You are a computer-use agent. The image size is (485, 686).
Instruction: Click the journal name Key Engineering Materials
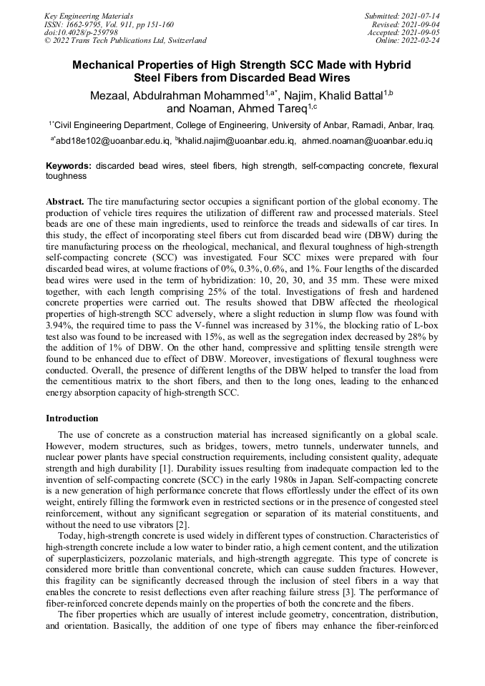click(x=88, y=15)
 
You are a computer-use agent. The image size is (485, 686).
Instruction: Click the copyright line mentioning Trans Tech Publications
click(x=125, y=41)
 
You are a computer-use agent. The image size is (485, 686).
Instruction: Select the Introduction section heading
click(x=72, y=418)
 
